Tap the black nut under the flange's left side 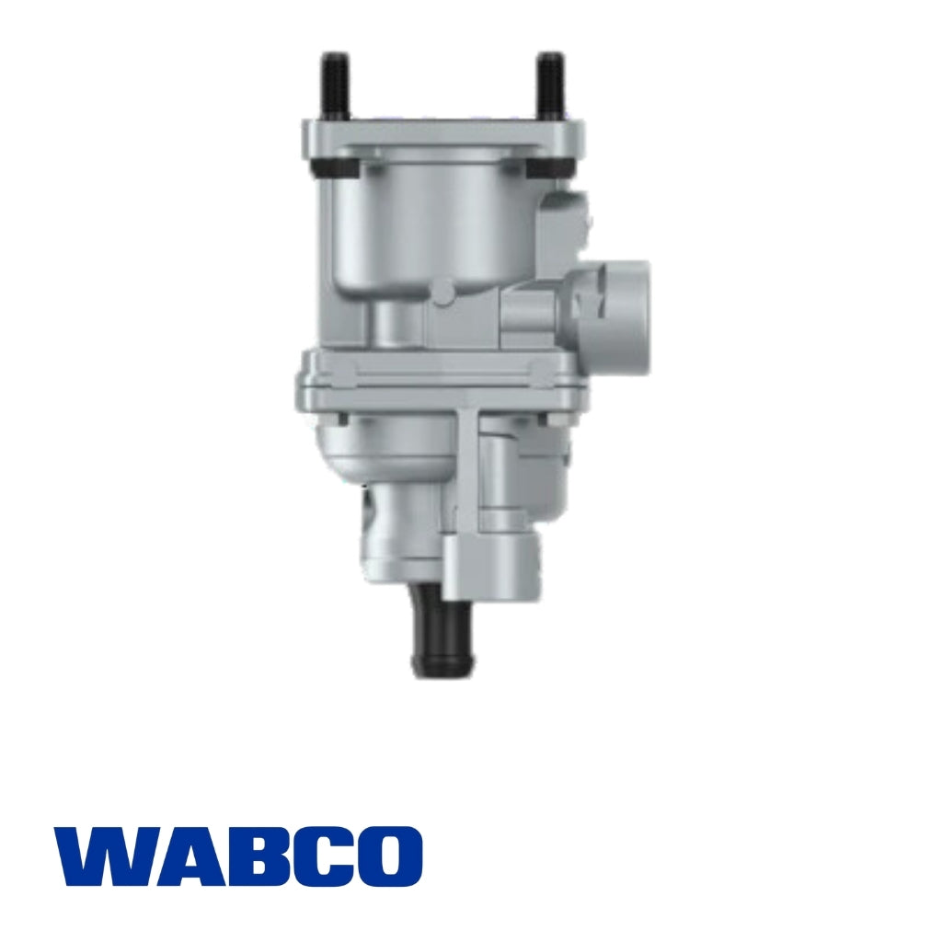[322, 168]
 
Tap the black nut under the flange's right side [562, 168]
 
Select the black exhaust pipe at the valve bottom [436, 635]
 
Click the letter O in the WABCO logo [387, 856]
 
